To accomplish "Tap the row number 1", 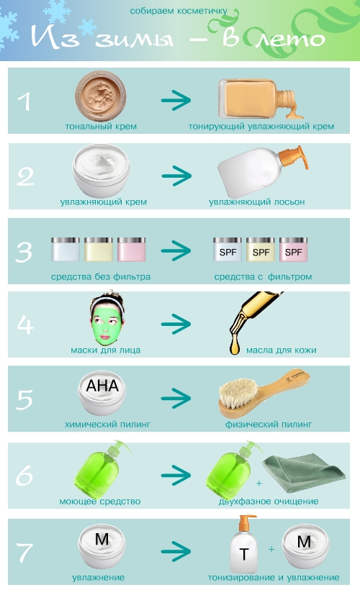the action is pyautogui.click(x=24, y=101).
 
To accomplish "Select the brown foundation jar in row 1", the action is pyautogui.click(x=101, y=96).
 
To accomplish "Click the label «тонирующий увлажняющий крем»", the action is pyautogui.click(x=261, y=127).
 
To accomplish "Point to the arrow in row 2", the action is pyautogui.click(x=176, y=176).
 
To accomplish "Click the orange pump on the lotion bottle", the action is pyautogui.click(x=294, y=158).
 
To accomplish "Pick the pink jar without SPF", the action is pyautogui.click(x=132, y=249).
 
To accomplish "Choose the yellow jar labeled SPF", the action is pyautogui.click(x=261, y=249).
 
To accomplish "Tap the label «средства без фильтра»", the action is pyautogui.click(x=101, y=277).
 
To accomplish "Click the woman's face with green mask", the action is pyautogui.click(x=107, y=319).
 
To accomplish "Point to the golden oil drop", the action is pyautogui.click(x=235, y=348).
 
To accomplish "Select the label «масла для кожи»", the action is pyautogui.click(x=282, y=350).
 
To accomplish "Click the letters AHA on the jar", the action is pyautogui.click(x=102, y=386).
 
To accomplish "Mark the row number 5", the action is pyautogui.click(x=24, y=399).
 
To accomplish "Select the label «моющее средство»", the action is pyautogui.click(x=100, y=501).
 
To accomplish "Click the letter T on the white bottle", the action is pyautogui.click(x=243, y=554).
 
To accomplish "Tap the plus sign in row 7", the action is pyautogui.click(x=271, y=550).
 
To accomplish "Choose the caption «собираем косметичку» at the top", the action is pyautogui.click(x=179, y=12).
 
